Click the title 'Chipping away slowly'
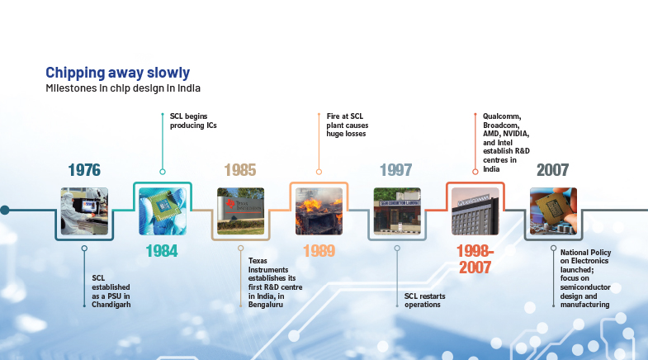pos(118,73)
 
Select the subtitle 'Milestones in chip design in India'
pos(123,88)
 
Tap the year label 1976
pos(84,170)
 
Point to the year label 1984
pos(162,251)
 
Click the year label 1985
pos(240,170)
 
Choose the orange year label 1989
pos(319,251)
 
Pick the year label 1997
pos(396,170)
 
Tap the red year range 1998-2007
pos(475,259)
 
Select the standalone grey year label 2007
pos(552,170)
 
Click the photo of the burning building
pos(319,211)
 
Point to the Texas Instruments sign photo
pos(240,211)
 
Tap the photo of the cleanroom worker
pos(84,211)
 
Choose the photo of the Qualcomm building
pos(475,211)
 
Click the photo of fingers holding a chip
pos(553,211)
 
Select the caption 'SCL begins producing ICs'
pos(193,121)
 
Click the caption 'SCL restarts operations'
pos(425,301)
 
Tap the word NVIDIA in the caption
pos(516,134)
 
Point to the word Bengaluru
pos(266,305)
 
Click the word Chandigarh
pos(111,305)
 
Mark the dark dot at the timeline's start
pos(5,210)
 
